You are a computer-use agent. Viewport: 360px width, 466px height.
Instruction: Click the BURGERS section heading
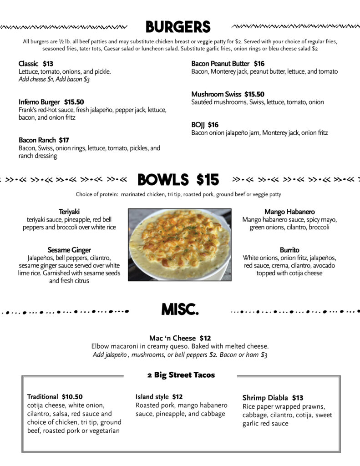point(178,27)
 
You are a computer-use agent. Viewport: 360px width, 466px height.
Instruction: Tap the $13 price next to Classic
point(48,64)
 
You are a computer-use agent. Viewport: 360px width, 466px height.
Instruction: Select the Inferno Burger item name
point(40,102)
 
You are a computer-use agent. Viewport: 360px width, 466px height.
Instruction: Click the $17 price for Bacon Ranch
point(64,140)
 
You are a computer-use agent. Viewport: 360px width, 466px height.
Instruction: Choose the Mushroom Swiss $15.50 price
point(254,94)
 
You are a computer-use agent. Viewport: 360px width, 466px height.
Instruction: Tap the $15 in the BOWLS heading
point(208,180)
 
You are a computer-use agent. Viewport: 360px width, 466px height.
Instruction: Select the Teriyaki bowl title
point(69,212)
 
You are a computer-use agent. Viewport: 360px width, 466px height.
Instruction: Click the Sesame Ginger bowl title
point(69,250)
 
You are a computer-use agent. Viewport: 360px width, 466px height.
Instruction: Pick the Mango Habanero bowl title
point(289,212)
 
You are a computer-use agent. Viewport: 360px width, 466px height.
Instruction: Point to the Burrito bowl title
point(289,250)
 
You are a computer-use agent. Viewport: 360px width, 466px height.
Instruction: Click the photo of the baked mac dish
point(179,244)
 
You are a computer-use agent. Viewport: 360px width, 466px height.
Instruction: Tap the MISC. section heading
point(180,311)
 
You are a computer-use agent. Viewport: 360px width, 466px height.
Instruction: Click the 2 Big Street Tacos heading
point(181,375)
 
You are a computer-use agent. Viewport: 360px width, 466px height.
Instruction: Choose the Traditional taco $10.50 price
point(72,397)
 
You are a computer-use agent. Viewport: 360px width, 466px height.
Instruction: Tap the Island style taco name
point(152,397)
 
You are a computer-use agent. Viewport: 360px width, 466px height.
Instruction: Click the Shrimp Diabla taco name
point(265,398)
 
